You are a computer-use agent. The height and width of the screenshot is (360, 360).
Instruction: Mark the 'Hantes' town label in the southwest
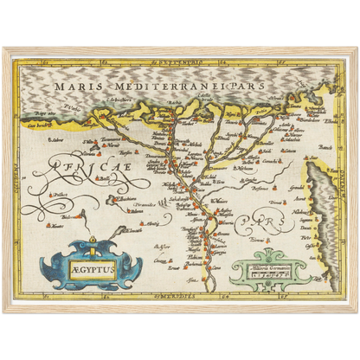[x=57, y=226]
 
